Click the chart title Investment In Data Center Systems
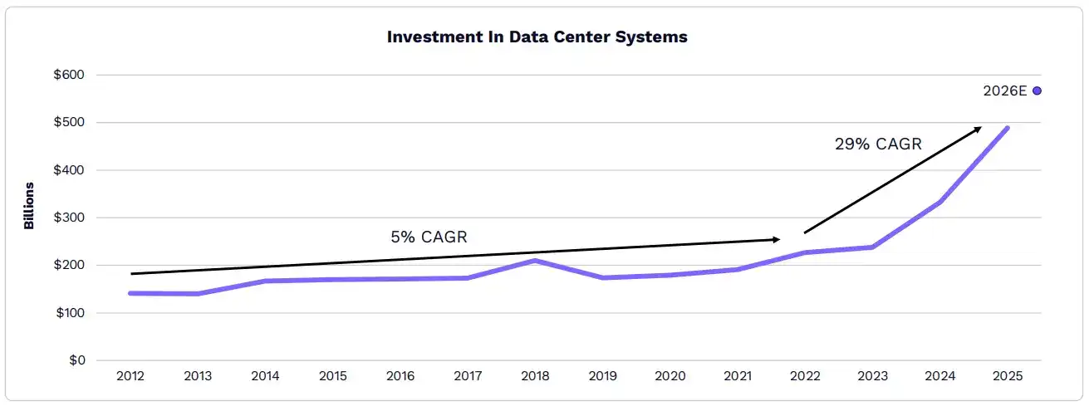coord(537,37)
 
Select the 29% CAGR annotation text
coord(878,144)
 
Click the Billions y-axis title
coord(29,205)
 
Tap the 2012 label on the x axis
coord(130,376)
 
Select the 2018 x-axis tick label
coord(535,376)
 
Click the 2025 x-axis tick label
coord(1007,376)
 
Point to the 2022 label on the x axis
coord(805,376)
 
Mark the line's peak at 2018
coord(535,261)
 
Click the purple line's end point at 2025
coord(1007,128)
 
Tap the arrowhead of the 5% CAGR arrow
coord(777,239)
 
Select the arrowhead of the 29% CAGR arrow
coord(979,129)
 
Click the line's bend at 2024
coord(939,202)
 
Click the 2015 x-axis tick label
coord(332,376)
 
